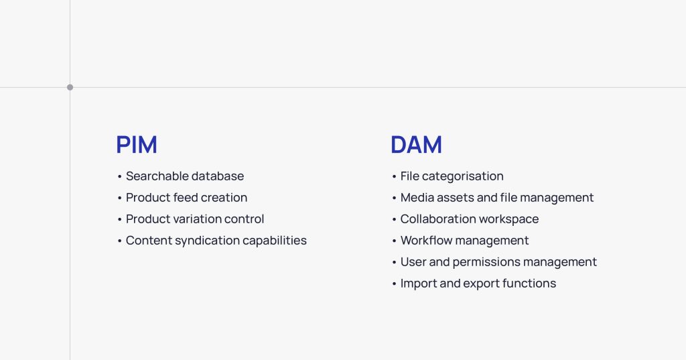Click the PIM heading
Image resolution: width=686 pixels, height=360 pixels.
tap(136, 145)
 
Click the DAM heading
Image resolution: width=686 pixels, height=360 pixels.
tap(416, 145)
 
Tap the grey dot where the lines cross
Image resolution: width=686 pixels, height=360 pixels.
tap(70, 87)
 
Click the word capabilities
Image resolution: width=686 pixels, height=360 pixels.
tap(275, 241)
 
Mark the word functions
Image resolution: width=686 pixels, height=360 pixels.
tap(531, 284)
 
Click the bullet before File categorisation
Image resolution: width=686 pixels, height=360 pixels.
tap(395, 177)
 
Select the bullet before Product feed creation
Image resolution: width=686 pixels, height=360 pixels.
tap(120, 198)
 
